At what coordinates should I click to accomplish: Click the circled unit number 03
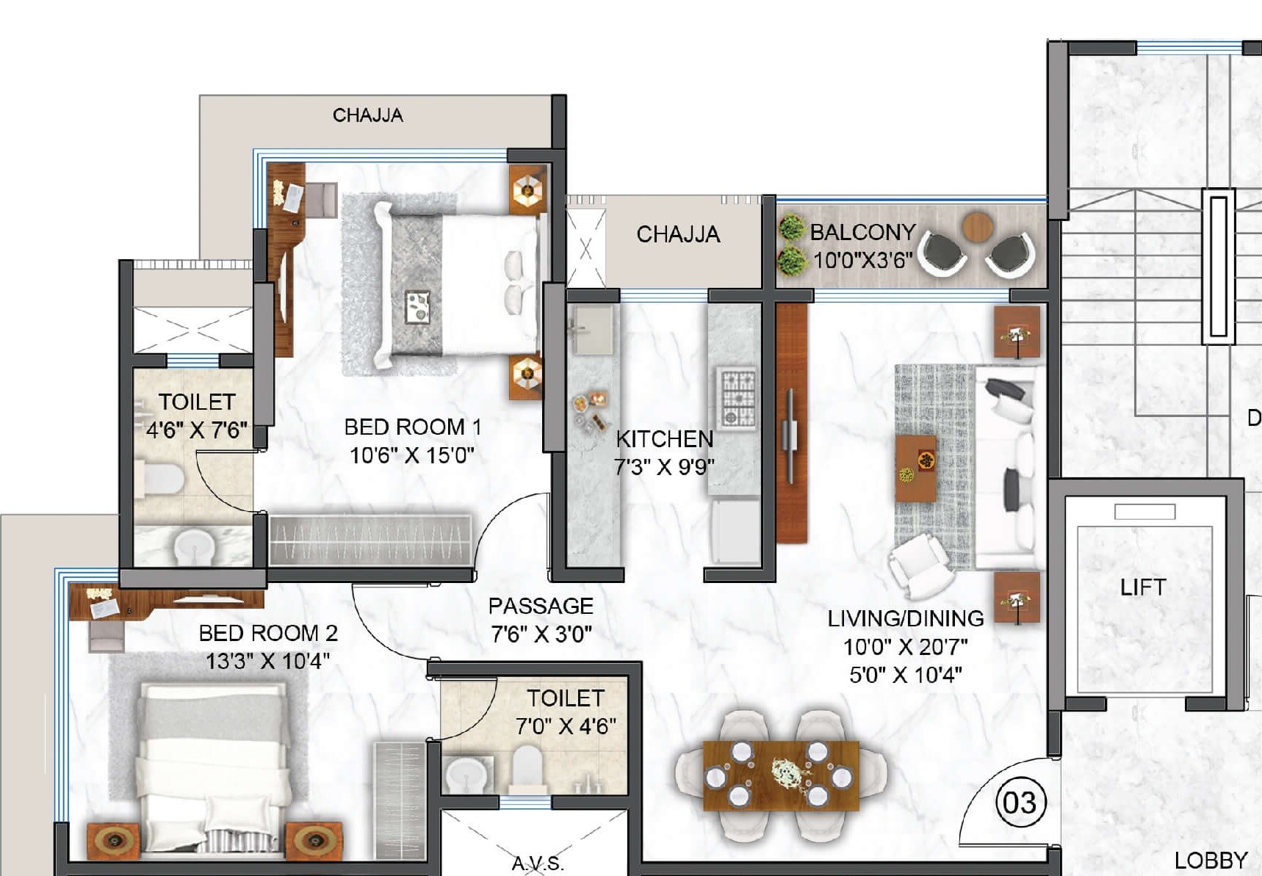1020,802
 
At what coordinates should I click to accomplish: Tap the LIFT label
1142,587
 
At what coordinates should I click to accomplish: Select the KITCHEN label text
664,439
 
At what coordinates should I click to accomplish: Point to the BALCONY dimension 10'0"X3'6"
862,260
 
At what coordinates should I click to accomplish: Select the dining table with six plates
780,775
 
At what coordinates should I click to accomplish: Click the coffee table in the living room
915,468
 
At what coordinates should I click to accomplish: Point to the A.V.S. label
537,864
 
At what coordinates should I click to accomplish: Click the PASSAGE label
541,606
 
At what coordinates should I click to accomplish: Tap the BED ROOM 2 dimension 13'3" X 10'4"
267,661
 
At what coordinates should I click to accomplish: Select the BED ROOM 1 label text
412,427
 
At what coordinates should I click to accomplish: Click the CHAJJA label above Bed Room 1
367,115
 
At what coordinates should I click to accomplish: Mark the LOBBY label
1210,860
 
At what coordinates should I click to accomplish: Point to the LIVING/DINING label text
905,618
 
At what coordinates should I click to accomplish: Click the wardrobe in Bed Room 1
369,540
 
